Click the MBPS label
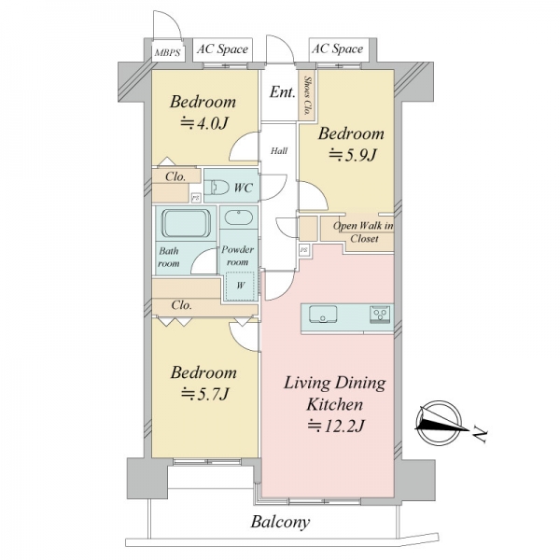tap(167, 53)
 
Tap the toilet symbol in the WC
tap(219, 188)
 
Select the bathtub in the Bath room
tap(186, 224)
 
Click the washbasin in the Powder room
tap(239, 217)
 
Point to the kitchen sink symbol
tap(323, 314)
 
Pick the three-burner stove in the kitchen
tap(381, 315)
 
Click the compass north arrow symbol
tap(441, 423)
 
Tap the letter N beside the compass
tap(480, 435)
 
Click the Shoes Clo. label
tap(307, 95)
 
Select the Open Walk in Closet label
tap(364, 232)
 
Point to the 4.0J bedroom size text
tap(203, 123)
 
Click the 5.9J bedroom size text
tap(352, 155)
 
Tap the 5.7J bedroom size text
tap(204, 394)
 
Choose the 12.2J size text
tap(336, 426)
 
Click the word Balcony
tap(280, 522)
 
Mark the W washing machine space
tap(241, 286)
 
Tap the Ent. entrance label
tap(282, 92)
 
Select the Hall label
tap(279, 151)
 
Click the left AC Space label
tap(222, 49)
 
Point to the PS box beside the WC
tap(195, 198)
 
